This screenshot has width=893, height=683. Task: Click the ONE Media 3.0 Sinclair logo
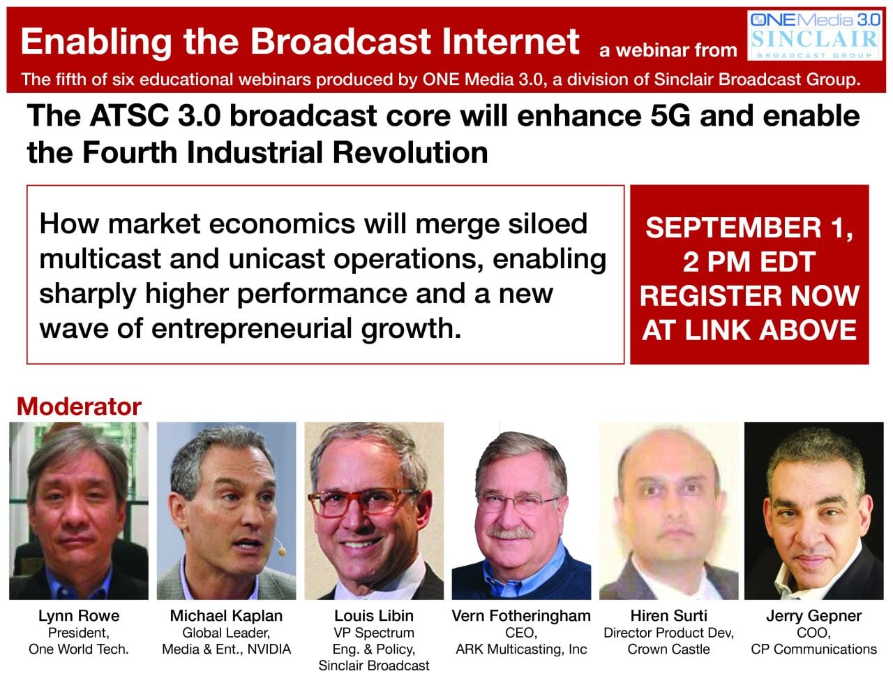814,36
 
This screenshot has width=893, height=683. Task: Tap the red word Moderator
79,406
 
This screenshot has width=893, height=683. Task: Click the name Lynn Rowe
79,616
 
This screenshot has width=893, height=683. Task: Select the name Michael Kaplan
226,616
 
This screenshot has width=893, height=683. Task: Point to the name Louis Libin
374,616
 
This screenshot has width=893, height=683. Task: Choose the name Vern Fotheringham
521,616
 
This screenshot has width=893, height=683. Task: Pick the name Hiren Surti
668,616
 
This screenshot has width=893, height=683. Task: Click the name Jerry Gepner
813,616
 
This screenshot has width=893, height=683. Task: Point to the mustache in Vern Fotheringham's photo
510,533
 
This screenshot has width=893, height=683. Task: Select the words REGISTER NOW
749,295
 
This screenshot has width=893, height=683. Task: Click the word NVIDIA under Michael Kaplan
269,649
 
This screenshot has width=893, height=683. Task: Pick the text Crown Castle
668,649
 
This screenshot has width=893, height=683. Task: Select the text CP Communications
813,649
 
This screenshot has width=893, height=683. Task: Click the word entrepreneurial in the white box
252,328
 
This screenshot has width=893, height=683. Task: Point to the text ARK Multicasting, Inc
521,649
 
